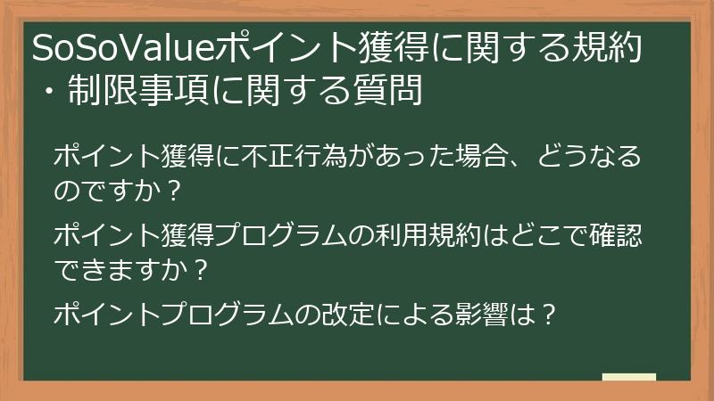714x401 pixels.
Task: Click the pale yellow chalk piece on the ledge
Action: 628,378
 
